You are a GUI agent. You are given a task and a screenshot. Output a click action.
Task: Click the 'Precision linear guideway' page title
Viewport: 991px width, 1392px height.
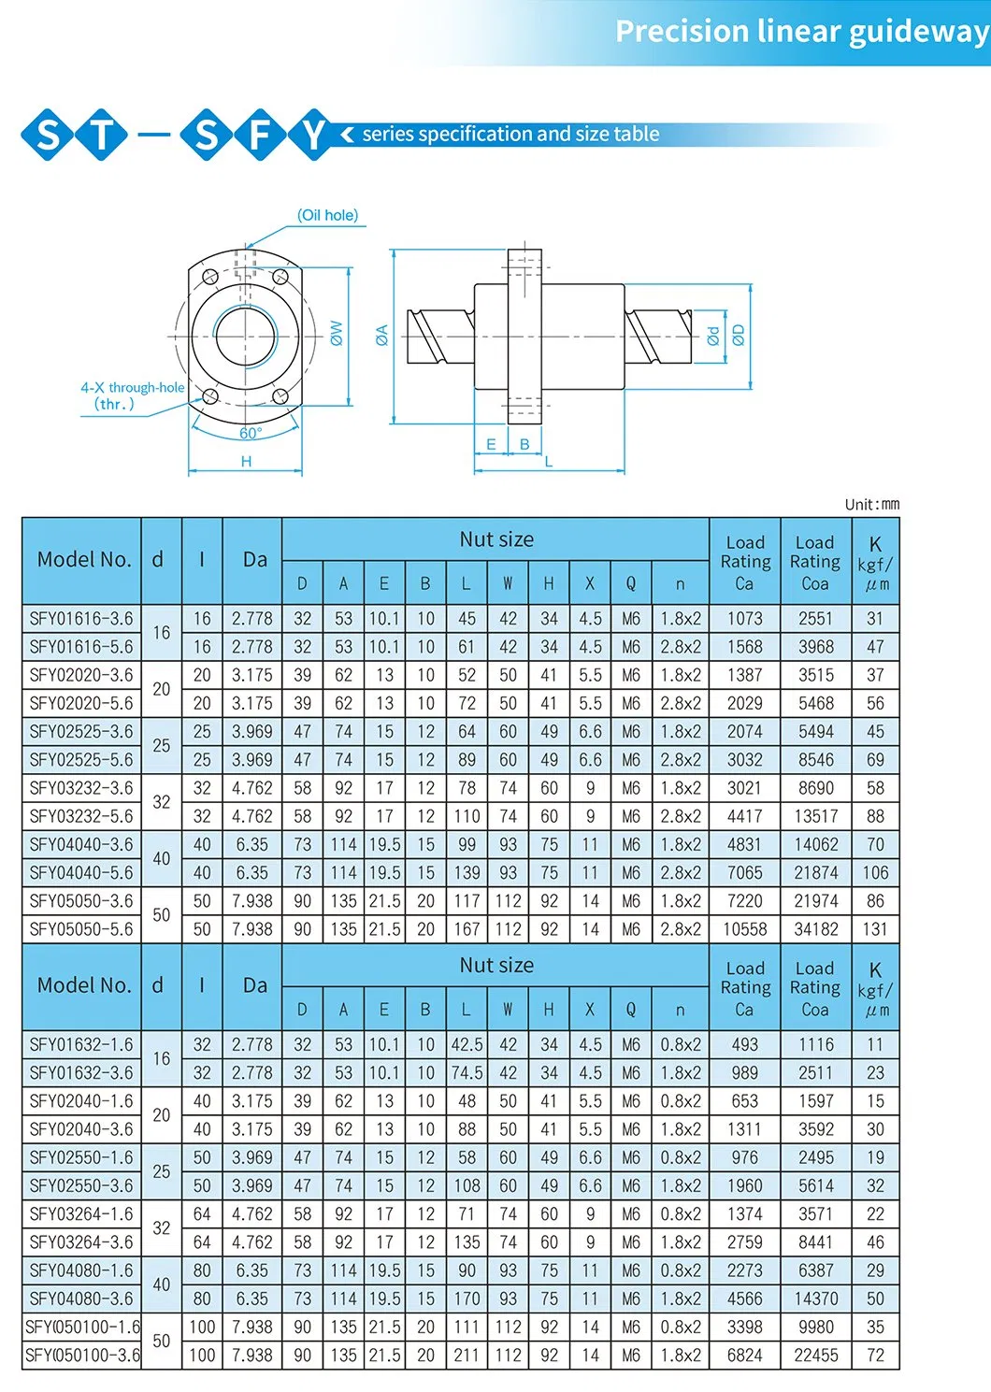(801, 32)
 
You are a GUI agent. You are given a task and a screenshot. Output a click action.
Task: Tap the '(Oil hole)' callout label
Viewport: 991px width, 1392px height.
(327, 215)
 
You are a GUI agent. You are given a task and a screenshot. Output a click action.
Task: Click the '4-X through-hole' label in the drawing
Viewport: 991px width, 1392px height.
(132, 387)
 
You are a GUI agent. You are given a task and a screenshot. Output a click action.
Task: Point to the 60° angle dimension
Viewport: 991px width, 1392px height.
(251, 433)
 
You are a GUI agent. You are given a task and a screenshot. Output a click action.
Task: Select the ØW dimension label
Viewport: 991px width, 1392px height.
(337, 333)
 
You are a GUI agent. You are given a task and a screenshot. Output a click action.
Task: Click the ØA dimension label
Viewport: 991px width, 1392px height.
(381, 335)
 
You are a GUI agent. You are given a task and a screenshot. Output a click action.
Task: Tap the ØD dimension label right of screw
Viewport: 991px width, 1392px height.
(739, 334)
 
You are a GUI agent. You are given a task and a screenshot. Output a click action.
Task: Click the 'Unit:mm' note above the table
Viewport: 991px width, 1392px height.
(871, 504)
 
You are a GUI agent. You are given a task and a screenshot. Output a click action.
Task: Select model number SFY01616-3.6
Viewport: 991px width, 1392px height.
(81, 619)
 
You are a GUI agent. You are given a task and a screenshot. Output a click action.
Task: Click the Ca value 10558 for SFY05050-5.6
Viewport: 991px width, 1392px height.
(744, 929)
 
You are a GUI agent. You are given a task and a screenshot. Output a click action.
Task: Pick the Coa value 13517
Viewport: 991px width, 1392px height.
(815, 816)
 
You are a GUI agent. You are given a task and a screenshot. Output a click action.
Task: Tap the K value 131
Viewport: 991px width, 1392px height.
(875, 929)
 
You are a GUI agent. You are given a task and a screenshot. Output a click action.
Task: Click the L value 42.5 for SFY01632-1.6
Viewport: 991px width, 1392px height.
(467, 1044)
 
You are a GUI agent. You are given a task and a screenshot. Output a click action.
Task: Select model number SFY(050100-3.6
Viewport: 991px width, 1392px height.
(82, 1355)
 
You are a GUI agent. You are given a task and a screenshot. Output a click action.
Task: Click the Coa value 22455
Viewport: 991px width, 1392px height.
(815, 1355)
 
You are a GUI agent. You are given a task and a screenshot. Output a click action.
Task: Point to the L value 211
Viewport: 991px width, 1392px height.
(467, 1355)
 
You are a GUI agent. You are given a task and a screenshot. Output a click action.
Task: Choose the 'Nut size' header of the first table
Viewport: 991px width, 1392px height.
(495, 539)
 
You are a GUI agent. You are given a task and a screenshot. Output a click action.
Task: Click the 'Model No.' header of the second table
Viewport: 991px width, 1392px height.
(83, 985)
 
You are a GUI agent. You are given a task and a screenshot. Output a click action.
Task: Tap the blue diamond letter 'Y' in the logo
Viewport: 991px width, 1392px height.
(313, 135)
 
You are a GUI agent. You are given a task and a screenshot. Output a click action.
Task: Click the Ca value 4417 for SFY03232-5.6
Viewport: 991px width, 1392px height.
(744, 816)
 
